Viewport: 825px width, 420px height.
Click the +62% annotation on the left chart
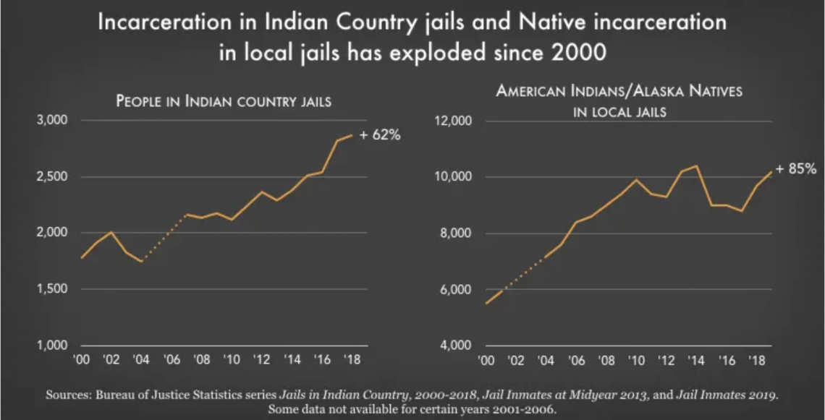pyautogui.click(x=380, y=135)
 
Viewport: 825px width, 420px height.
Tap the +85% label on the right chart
pyautogui.click(x=796, y=169)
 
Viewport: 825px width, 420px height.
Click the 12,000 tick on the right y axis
pyautogui.click(x=452, y=121)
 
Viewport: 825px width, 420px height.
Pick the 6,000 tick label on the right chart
pyautogui.click(x=454, y=289)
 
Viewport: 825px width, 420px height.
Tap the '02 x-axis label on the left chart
pyautogui.click(x=111, y=359)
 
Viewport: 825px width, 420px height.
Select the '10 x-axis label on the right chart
pyautogui.click(x=636, y=359)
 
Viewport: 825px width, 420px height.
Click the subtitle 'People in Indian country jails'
pyautogui.click(x=224, y=100)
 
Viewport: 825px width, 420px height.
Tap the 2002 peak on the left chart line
pyautogui.click(x=111, y=232)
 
